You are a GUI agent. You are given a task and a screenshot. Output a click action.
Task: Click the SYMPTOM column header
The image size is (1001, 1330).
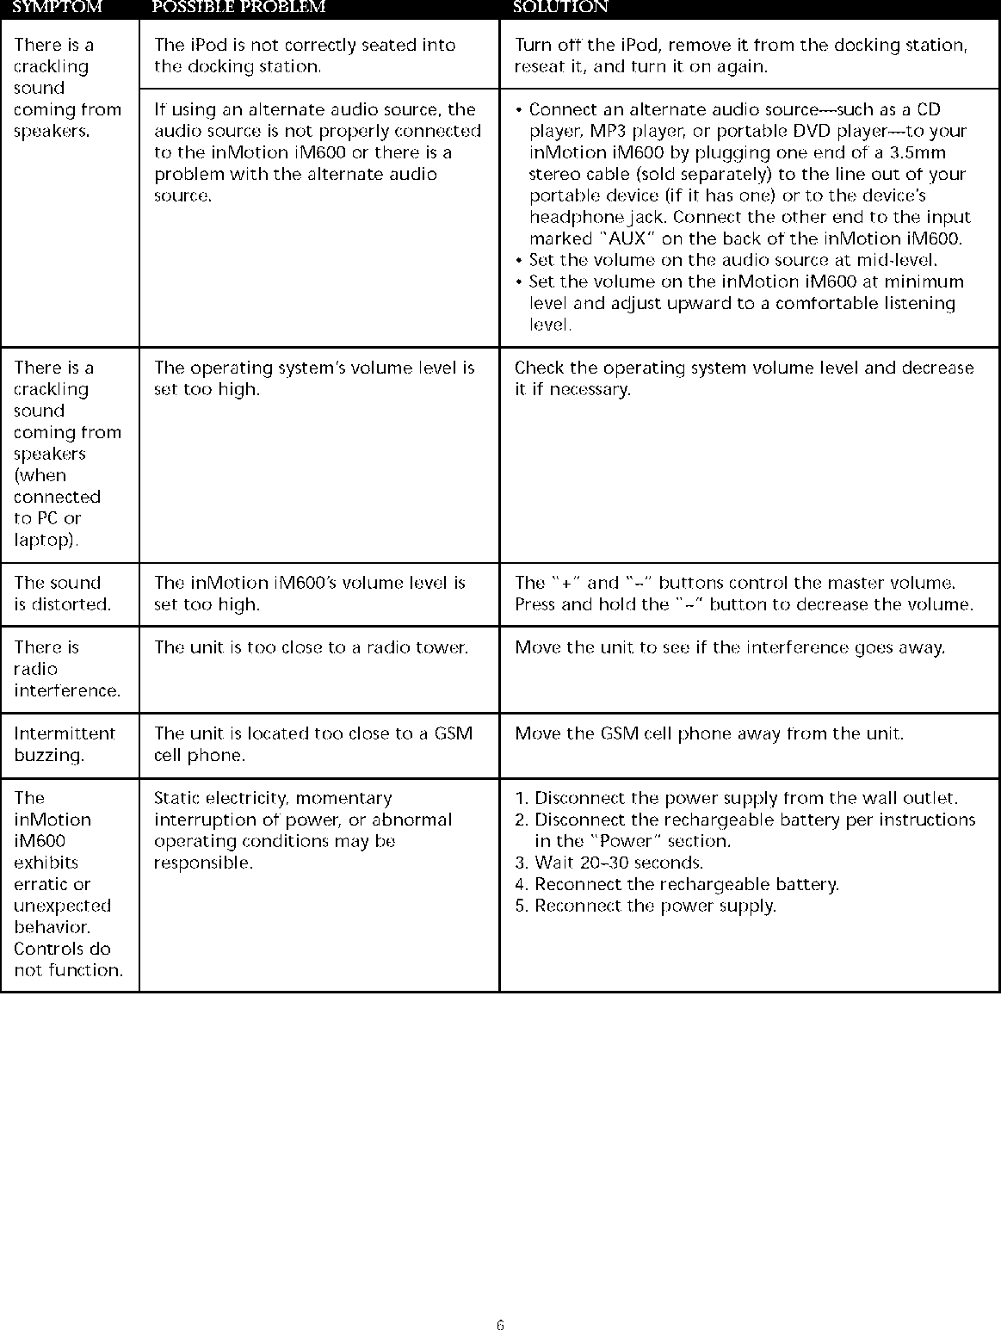pyautogui.click(x=58, y=7)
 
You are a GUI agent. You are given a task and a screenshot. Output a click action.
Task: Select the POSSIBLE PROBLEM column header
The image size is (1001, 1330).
pyautogui.click(x=238, y=7)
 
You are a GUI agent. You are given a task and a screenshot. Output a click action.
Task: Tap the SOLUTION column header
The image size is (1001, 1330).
pyautogui.click(x=560, y=7)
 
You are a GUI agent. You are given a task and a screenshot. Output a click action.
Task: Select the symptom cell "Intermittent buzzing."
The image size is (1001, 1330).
pyautogui.click(x=65, y=745)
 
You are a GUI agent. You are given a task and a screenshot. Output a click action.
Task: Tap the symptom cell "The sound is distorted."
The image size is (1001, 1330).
pyautogui.click(x=62, y=593)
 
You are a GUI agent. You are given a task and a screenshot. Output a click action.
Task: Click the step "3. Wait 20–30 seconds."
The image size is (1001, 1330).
pyautogui.click(x=609, y=863)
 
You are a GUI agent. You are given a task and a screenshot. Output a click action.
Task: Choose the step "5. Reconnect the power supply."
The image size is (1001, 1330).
pyautogui.click(x=646, y=906)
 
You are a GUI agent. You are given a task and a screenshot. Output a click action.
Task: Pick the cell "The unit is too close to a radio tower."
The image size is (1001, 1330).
pyautogui.click(x=311, y=647)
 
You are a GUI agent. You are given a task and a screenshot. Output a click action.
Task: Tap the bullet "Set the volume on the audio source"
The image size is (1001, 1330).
pyautogui.click(x=732, y=260)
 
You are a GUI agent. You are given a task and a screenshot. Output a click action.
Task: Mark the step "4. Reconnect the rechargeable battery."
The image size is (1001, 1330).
pyautogui.click(x=677, y=884)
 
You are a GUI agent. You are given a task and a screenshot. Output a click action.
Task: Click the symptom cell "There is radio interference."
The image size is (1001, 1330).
pyautogui.click(x=66, y=669)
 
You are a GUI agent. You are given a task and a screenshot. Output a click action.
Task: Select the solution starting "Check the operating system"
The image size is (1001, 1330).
pyautogui.click(x=744, y=378)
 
